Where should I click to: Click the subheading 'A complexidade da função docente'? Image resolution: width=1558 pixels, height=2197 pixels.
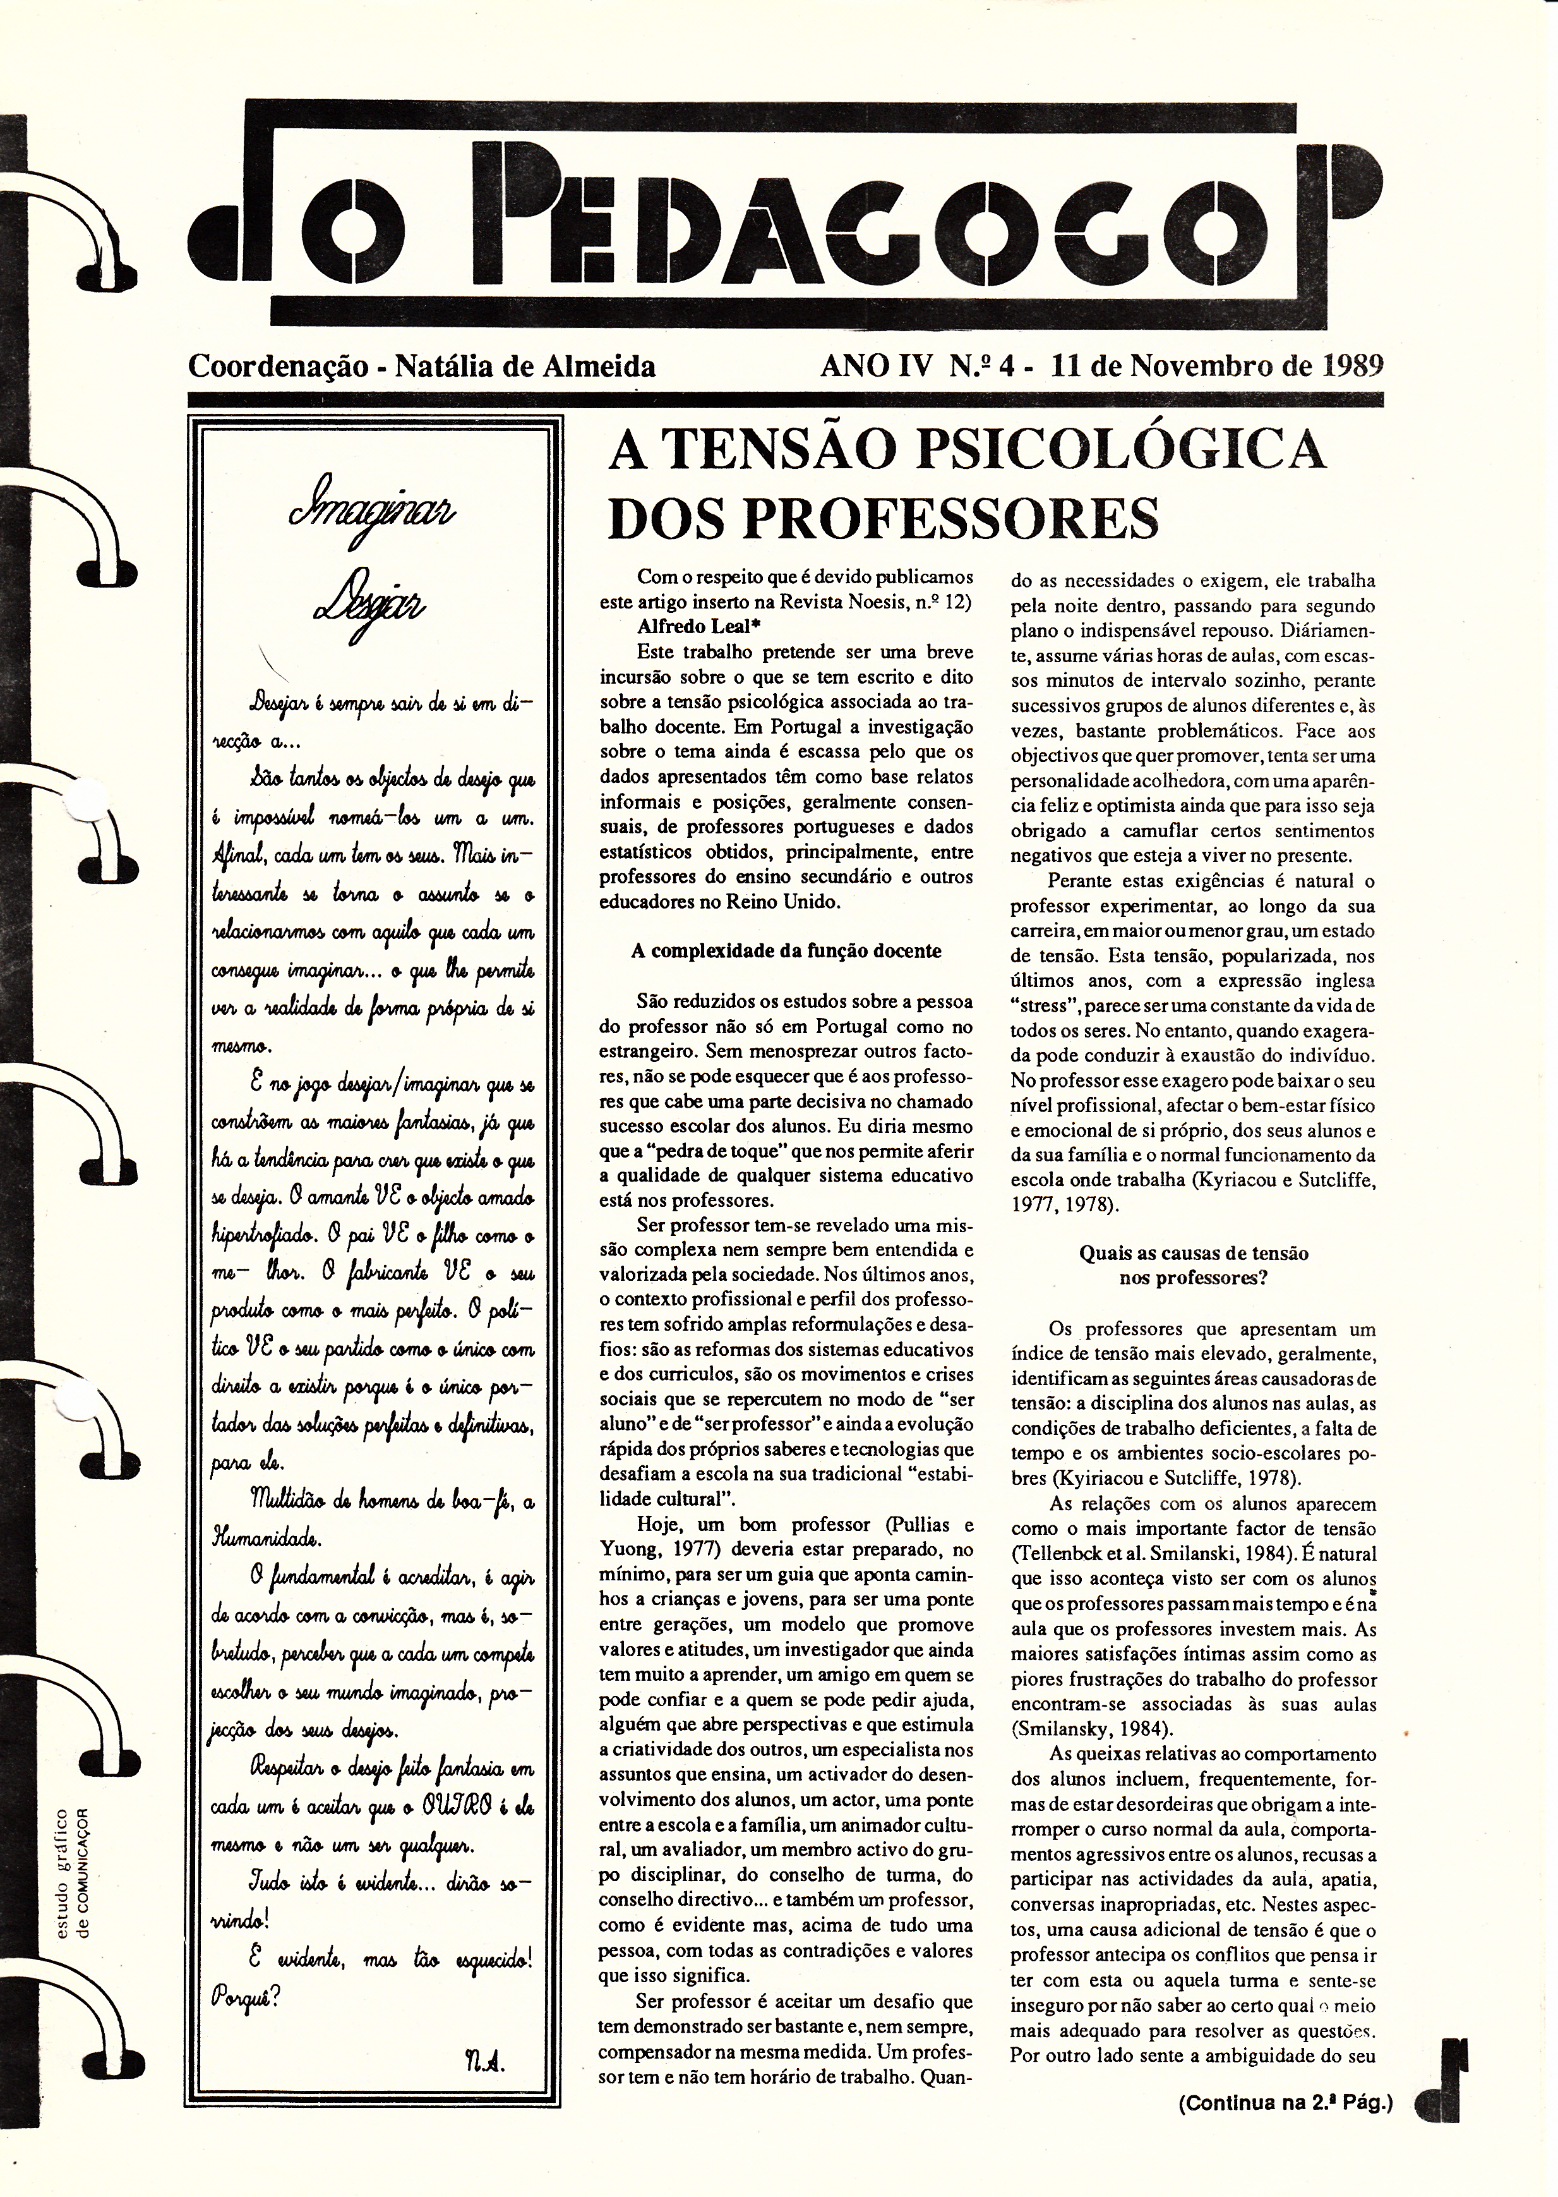tap(786, 950)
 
